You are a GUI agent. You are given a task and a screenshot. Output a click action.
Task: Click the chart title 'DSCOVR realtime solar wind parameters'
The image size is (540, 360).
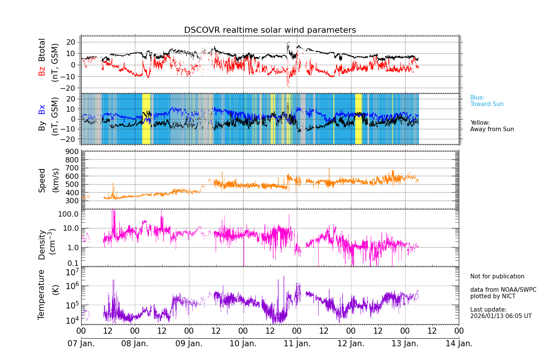270,30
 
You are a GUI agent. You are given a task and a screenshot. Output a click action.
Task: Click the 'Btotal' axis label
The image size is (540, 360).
42,50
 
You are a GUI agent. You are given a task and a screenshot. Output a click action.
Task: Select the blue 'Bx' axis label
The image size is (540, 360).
42,109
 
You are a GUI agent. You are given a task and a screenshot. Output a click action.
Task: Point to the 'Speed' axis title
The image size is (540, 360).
42,180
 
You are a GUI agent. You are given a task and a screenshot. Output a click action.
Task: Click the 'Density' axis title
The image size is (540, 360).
42,244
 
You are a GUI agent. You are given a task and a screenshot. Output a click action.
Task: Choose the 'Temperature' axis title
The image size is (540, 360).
41,294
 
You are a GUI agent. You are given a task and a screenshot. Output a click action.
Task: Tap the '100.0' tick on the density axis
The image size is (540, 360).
68,214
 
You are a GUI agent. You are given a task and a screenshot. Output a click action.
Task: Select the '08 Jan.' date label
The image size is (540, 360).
135,344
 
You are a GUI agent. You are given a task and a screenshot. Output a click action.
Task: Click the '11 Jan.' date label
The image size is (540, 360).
297,344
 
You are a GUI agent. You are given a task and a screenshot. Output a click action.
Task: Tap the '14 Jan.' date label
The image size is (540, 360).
459,344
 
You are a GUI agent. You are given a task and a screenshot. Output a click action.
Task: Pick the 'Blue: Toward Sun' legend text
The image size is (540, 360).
487,101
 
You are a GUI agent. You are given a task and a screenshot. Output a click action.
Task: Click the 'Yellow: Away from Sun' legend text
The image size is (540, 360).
492,126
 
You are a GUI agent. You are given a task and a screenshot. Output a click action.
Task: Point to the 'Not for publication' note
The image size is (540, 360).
497,276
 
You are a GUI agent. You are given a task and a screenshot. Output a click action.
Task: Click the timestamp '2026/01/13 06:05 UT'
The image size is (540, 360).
501,316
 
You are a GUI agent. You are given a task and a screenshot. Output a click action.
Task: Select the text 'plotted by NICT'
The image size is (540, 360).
493,296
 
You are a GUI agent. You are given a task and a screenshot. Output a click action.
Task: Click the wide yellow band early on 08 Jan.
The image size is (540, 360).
146,119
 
